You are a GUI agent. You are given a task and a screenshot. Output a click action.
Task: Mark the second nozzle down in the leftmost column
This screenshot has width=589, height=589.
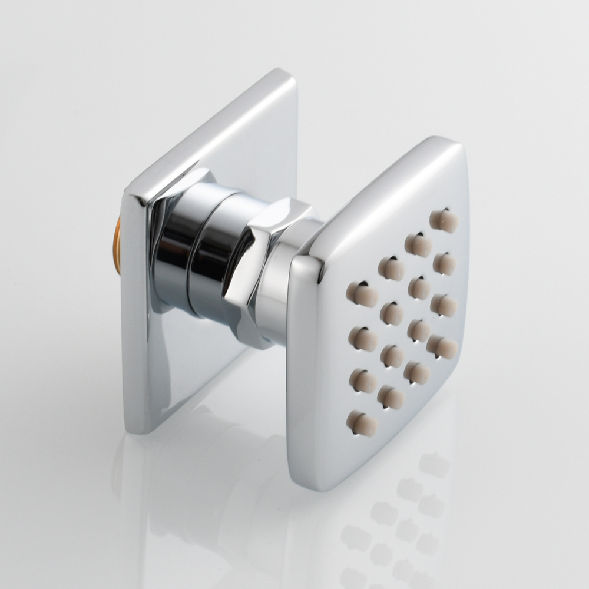pyautogui.click(x=362, y=339)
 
